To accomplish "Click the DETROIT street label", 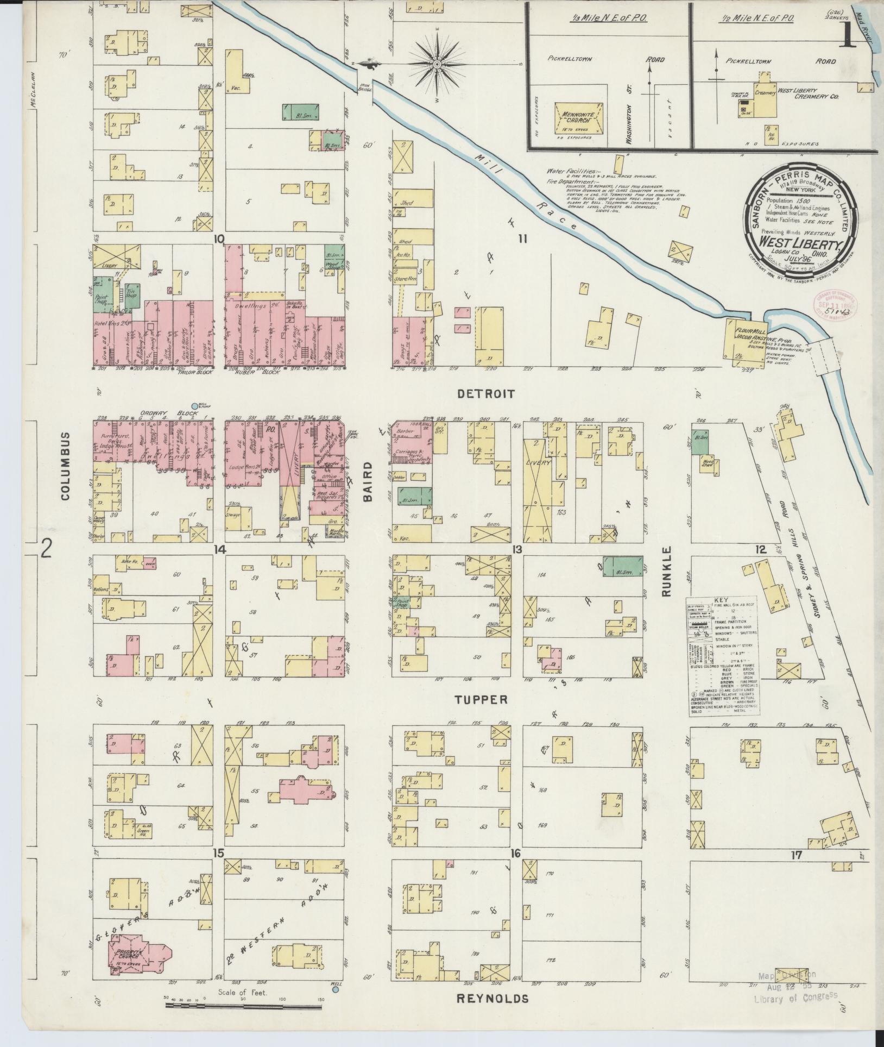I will [x=486, y=394].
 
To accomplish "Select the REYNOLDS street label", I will [x=492, y=999].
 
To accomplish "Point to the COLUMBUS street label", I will [x=66, y=466].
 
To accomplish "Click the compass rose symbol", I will [x=437, y=65].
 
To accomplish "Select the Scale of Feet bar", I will [x=244, y=1005].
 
